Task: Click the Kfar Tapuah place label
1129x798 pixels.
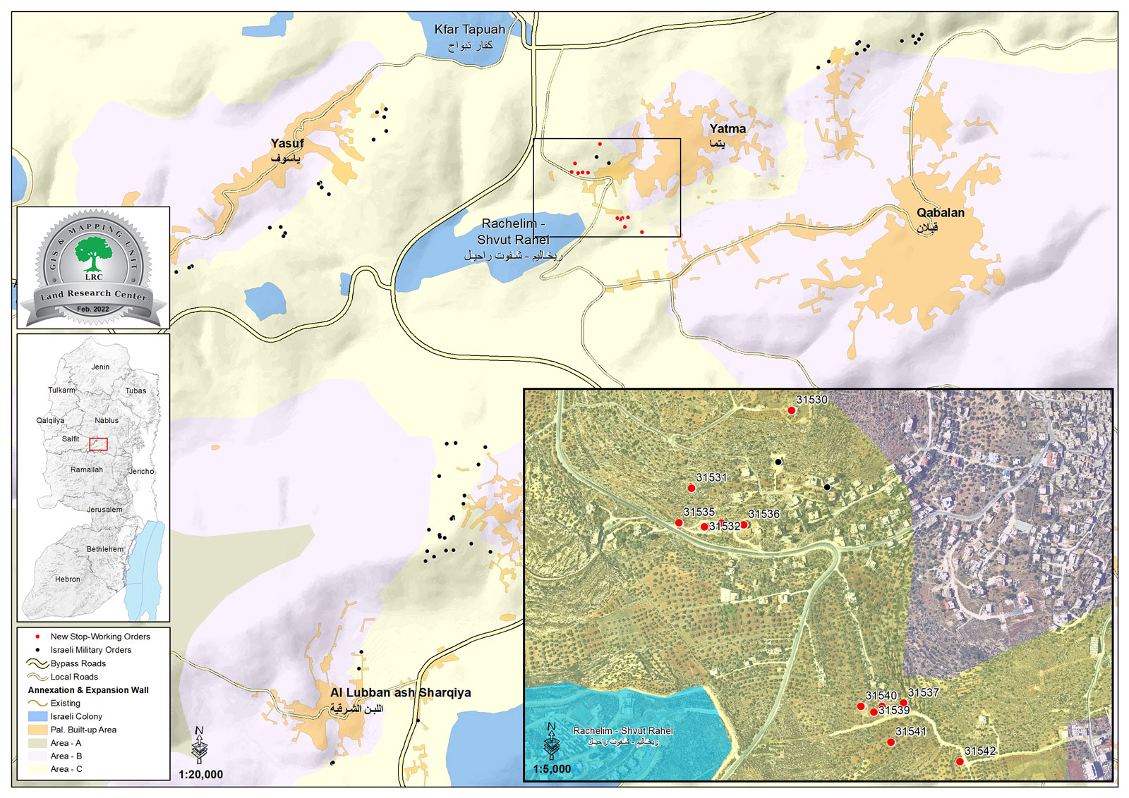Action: [x=469, y=30]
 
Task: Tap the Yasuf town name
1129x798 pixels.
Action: [x=287, y=144]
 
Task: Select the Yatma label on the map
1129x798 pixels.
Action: [x=727, y=129]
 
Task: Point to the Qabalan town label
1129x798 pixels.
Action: [x=940, y=213]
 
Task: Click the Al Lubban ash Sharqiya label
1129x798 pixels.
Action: [x=400, y=693]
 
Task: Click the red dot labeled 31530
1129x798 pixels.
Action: [x=792, y=410]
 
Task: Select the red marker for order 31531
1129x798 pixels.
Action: [x=692, y=489]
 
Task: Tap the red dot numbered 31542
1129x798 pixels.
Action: [x=960, y=761]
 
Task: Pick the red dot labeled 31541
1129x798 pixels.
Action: [x=890, y=742]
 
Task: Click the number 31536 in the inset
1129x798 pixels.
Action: [x=764, y=515]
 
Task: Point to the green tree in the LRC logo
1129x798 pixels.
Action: [x=93, y=252]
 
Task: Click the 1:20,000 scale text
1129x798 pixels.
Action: [x=200, y=775]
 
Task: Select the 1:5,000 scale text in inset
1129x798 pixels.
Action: [x=552, y=769]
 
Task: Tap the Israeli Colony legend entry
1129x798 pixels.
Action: [x=76, y=716]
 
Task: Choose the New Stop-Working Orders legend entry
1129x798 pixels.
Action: [x=99, y=637]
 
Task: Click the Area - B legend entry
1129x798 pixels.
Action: [x=66, y=756]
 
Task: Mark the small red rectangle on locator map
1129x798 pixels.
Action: [x=98, y=444]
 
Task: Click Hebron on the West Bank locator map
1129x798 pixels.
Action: [x=68, y=579]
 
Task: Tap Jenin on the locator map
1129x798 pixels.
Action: [x=100, y=367]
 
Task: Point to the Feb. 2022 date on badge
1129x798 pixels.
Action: [x=93, y=309]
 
